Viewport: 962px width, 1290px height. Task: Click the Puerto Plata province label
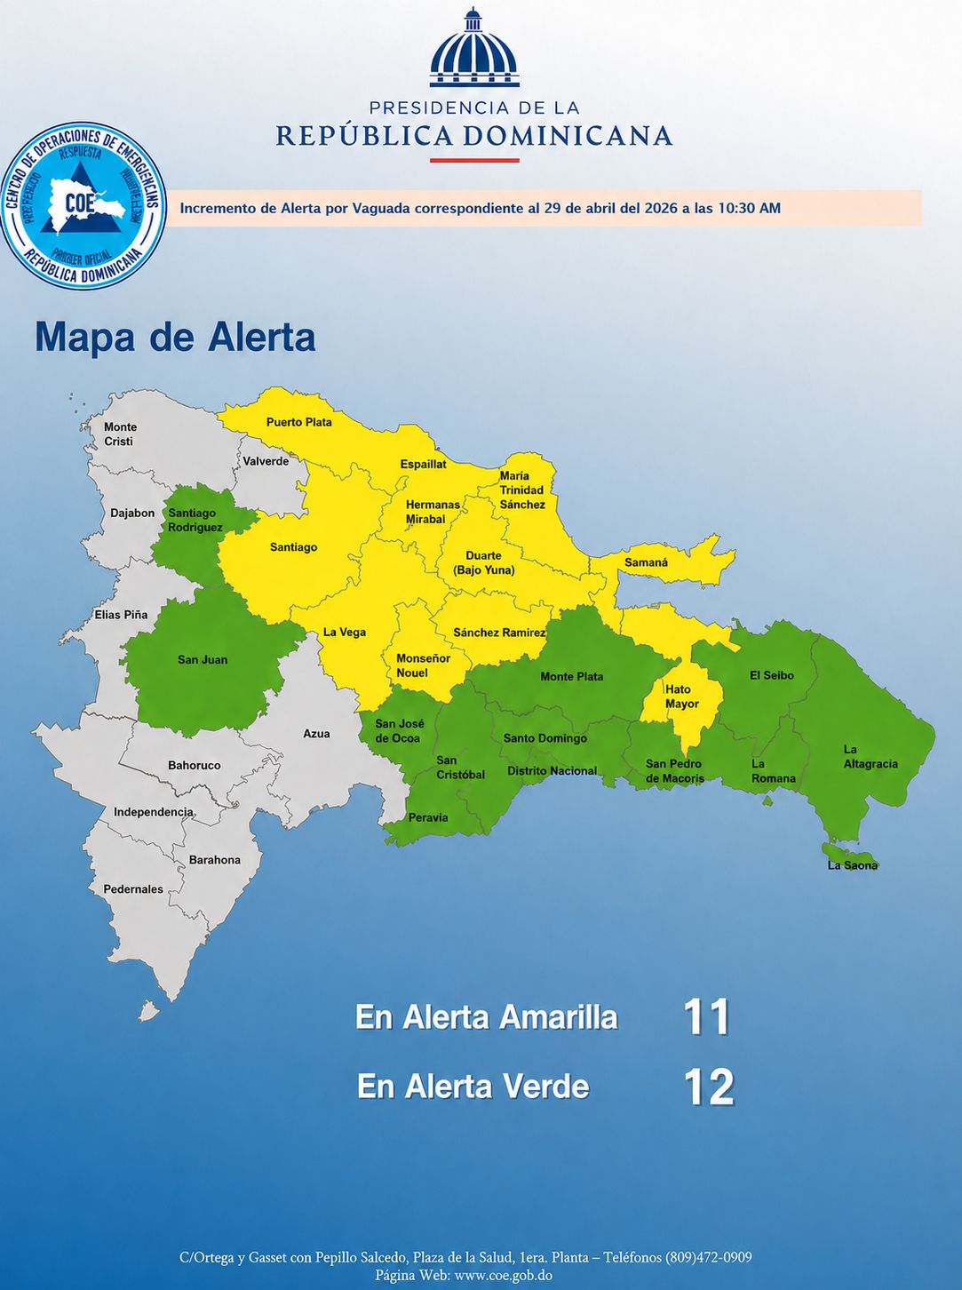[x=298, y=422]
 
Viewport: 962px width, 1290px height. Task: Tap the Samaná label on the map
[x=646, y=562]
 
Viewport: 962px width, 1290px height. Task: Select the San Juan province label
[x=203, y=659]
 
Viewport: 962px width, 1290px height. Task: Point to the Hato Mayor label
[x=681, y=697]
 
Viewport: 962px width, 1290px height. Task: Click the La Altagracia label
[x=870, y=756]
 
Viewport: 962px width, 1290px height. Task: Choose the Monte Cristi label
[x=119, y=434]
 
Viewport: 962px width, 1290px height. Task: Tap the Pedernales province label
[x=133, y=889]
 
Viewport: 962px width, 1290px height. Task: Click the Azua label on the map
[x=316, y=734]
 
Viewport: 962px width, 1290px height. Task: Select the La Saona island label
[x=852, y=865]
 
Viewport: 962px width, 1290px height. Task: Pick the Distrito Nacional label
[x=552, y=770]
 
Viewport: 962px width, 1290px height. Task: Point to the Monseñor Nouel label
[x=423, y=665]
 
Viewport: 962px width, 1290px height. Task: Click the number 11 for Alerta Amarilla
[x=707, y=1017]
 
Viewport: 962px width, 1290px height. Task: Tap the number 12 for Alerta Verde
[x=709, y=1087]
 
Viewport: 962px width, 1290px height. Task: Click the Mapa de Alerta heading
[x=175, y=338]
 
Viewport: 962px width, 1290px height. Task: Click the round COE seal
[x=83, y=205]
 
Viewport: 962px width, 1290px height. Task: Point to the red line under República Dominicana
[x=474, y=161]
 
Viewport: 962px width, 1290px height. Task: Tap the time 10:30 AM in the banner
[x=749, y=208]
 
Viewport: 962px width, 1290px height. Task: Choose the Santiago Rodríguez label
[x=195, y=520]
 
